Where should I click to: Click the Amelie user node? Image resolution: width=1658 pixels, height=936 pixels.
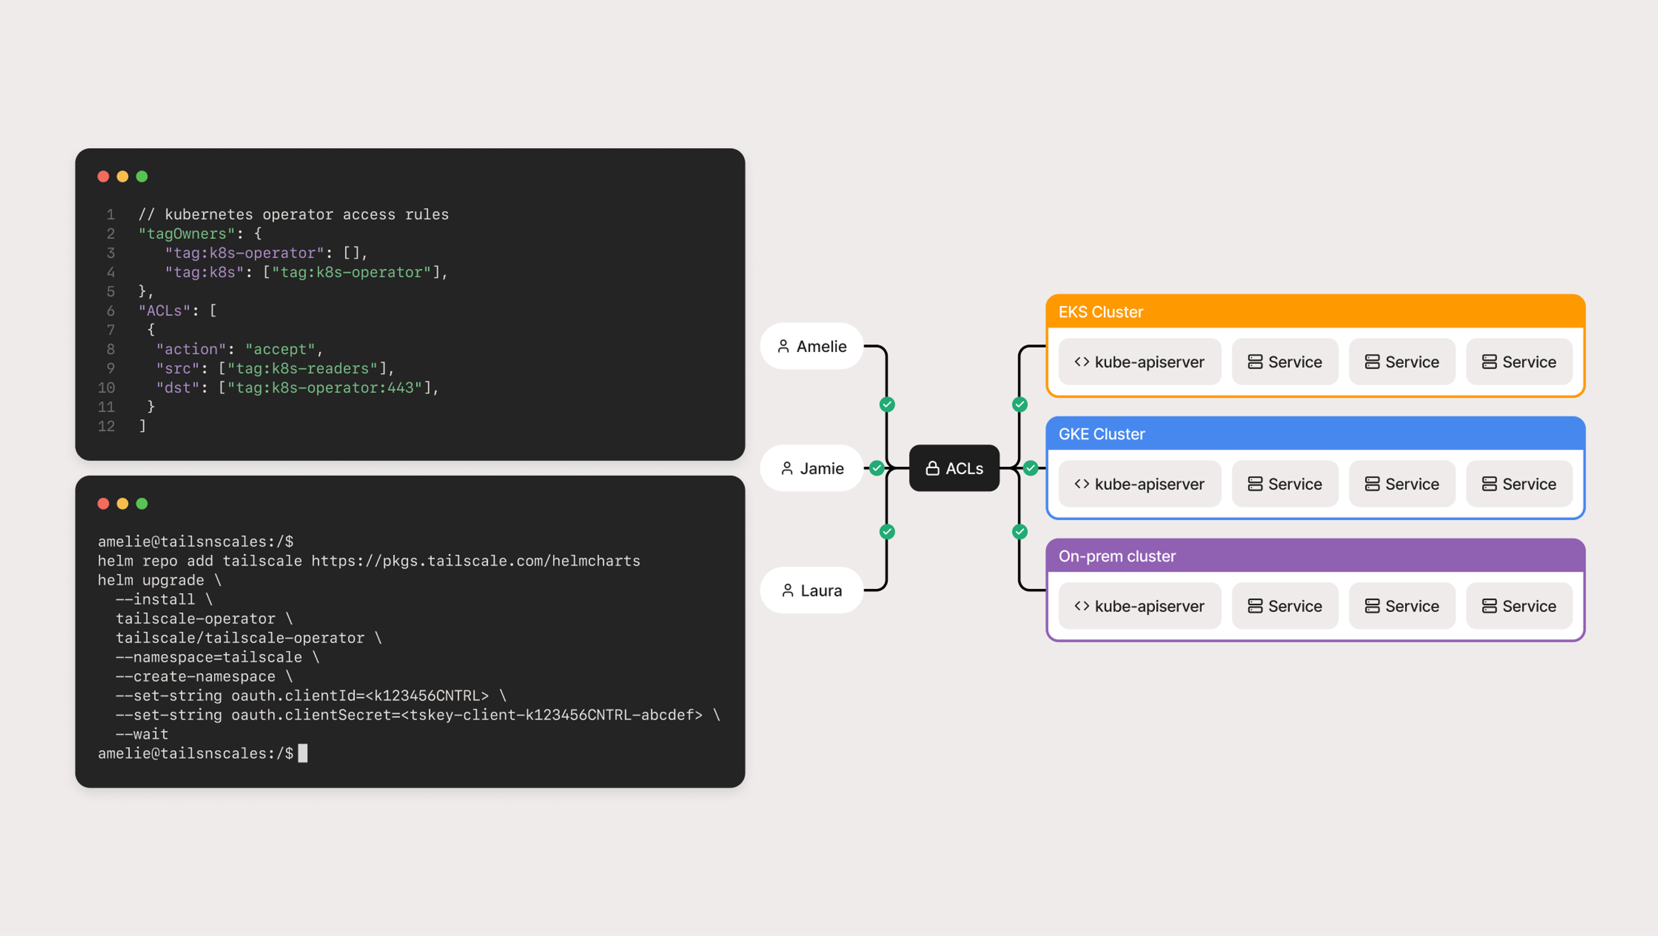[x=812, y=346]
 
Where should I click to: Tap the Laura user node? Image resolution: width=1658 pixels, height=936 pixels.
[x=812, y=590]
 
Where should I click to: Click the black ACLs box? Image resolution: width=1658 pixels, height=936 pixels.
[x=954, y=468]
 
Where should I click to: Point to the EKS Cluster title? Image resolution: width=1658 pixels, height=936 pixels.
[x=1101, y=312]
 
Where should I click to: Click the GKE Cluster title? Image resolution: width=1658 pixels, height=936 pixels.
[x=1101, y=434]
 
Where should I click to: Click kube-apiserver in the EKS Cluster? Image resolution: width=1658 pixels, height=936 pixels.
[x=1139, y=362]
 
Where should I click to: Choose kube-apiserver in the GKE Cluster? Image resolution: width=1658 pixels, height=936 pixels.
[x=1139, y=484]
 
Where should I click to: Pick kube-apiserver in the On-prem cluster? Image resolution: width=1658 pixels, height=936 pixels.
[x=1139, y=606]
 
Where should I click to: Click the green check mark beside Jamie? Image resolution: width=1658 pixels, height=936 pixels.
[x=876, y=468]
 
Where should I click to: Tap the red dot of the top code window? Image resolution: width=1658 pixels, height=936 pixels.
[x=103, y=176]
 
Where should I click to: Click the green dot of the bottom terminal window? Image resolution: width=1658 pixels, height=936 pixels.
[x=142, y=503]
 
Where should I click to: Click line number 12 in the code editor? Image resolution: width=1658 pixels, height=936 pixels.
[x=106, y=426]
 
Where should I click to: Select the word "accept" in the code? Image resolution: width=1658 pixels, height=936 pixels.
[x=280, y=349]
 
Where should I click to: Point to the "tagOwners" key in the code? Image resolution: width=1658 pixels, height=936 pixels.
[x=187, y=234]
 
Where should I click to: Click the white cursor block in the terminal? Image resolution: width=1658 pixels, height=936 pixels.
[x=303, y=753]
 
